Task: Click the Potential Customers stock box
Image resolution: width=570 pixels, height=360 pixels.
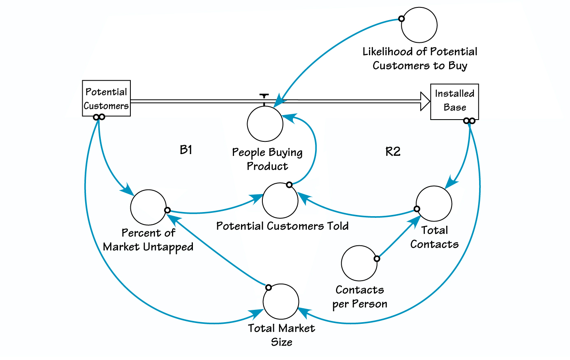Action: point(106,98)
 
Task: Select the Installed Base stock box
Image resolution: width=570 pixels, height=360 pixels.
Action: point(454,102)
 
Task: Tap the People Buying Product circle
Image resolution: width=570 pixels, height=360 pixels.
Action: point(265,124)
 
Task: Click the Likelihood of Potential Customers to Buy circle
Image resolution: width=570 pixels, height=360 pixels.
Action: point(419,25)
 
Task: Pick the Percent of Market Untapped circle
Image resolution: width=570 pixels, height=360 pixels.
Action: point(148,208)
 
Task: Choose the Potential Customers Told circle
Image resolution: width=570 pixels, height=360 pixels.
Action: point(280,200)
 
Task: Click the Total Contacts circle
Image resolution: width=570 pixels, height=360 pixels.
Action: point(434,203)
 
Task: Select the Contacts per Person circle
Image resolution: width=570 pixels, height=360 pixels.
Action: point(359,263)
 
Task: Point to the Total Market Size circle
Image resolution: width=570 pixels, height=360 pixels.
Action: point(281,301)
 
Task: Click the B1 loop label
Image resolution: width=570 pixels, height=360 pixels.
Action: point(186,150)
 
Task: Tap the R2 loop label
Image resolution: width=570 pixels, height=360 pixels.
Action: point(393,152)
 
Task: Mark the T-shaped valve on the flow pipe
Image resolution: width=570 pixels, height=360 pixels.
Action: point(264,97)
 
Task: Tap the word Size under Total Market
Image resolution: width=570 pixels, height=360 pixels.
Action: point(282,342)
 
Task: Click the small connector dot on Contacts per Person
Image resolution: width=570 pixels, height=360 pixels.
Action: point(377,258)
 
